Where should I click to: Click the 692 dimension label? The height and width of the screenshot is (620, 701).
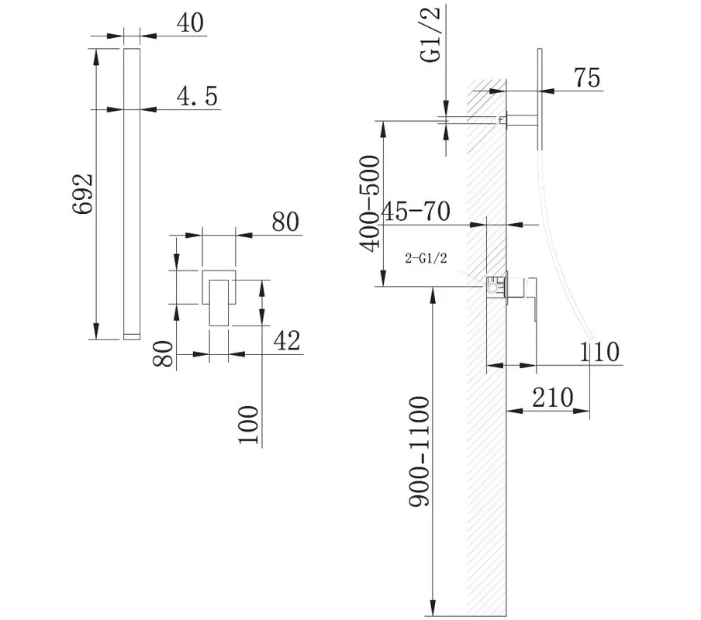tap(83, 194)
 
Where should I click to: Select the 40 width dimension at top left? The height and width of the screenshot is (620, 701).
tap(191, 22)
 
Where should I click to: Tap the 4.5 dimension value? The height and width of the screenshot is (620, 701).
tap(197, 95)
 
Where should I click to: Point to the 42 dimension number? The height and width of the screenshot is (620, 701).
tap(287, 341)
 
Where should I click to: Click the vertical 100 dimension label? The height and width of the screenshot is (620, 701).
tap(249, 425)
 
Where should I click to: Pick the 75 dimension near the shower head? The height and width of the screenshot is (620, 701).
tap(587, 77)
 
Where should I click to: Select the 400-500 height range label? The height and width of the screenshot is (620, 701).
tap(370, 203)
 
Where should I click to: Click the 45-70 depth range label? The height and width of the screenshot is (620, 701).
tap(416, 212)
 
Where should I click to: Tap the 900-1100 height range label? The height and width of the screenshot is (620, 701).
tap(420, 451)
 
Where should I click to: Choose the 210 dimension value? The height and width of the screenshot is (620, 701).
tap(553, 397)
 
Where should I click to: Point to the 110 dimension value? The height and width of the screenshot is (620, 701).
tap(599, 352)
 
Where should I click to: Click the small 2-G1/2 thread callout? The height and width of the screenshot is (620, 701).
tap(426, 258)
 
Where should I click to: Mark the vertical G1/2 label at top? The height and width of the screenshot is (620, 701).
tap(431, 35)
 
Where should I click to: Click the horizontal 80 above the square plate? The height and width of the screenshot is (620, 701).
tap(285, 222)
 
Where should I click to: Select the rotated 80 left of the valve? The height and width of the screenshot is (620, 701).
tap(163, 353)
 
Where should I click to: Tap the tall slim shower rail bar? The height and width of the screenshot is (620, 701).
tap(132, 194)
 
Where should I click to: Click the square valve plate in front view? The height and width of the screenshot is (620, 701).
tap(219, 287)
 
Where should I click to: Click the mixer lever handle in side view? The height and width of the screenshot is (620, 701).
tap(531, 299)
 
